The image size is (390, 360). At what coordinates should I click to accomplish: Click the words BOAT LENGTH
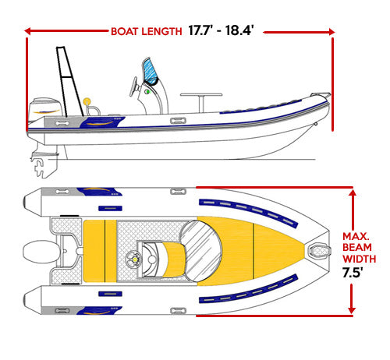147,31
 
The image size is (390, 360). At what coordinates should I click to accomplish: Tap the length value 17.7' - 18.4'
221,30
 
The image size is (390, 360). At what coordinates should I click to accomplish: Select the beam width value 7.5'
353,273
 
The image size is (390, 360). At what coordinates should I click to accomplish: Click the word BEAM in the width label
357,247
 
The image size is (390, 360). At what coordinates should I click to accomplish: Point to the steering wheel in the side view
135,86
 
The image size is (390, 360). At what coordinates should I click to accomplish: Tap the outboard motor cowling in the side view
45,107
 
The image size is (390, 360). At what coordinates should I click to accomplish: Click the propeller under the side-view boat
40,168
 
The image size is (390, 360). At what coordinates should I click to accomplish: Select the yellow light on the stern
87,101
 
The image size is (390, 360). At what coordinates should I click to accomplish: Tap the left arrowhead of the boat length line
27,31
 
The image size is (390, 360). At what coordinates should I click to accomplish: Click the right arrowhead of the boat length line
331,32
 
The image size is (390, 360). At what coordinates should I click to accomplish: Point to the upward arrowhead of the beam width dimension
353,193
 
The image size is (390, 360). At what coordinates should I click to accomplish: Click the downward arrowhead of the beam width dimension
352,309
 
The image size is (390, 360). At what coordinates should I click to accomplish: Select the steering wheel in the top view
133,259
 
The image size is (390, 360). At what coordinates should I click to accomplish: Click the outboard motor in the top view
41,252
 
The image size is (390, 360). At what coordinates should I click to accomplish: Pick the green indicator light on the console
147,91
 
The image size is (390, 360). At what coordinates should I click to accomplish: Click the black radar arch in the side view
69,81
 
